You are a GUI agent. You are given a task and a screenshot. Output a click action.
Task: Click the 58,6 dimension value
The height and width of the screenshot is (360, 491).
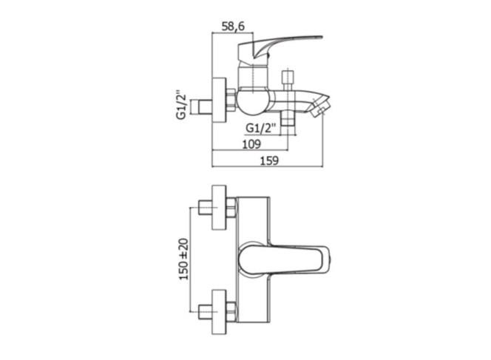pos(233,27)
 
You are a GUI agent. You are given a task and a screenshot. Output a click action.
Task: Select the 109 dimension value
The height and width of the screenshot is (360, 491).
pos(251,144)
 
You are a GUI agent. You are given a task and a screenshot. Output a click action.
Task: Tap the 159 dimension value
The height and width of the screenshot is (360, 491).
pos(269,160)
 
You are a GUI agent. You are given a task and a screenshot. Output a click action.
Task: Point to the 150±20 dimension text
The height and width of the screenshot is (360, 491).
pos(184,259)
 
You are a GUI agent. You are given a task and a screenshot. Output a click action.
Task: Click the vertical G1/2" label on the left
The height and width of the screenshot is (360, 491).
pos(182,105)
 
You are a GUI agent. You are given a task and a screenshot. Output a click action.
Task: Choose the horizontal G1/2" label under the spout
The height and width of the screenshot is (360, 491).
pos(260,128)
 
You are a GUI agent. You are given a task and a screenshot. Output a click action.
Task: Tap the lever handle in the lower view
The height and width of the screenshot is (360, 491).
pos(283,259)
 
